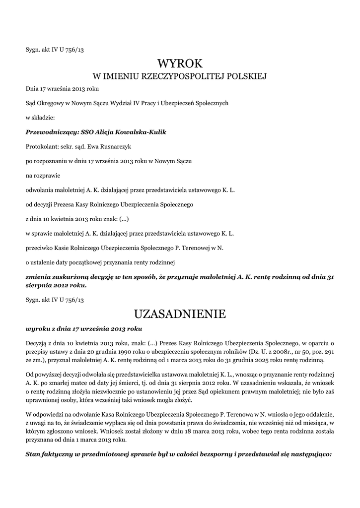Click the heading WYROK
tap(180, 63)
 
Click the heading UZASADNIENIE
tap(180, 314)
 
